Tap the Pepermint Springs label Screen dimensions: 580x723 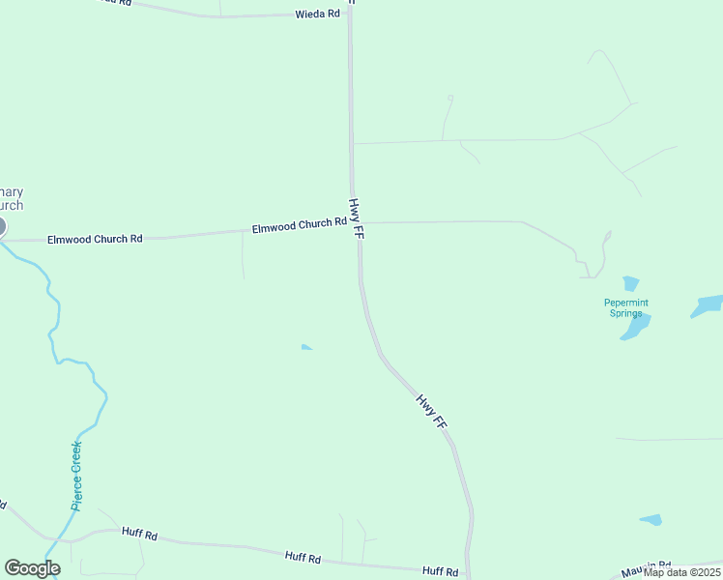click(x=626, y=307)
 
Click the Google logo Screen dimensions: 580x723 click(x=32, y=568)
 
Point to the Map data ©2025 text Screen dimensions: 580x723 click(x=682, y=572)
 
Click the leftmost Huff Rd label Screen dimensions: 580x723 click(x=139, y=533)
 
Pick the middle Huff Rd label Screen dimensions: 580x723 click(x=303, y=557)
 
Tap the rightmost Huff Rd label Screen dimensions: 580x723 click(x=440, y=571)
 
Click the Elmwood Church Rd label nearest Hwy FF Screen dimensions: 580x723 click(x=299, y=225)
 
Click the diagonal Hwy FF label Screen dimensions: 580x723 click(x=432, y=411)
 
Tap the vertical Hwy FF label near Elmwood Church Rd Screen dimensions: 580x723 click(x=356, y=219)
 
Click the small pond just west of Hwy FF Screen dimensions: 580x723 click(x=305, y=347)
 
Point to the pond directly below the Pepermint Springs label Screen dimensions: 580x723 click(x=634, y=329)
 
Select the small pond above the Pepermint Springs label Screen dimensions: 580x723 click(x=631, y=283)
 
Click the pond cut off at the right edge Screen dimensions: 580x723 click(x=708, y=306)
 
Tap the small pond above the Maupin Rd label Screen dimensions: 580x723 click(x=651, y=520)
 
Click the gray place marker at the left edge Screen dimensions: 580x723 click(x=1, y=227)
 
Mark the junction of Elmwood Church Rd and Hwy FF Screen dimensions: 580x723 click(x=357, y=223)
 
